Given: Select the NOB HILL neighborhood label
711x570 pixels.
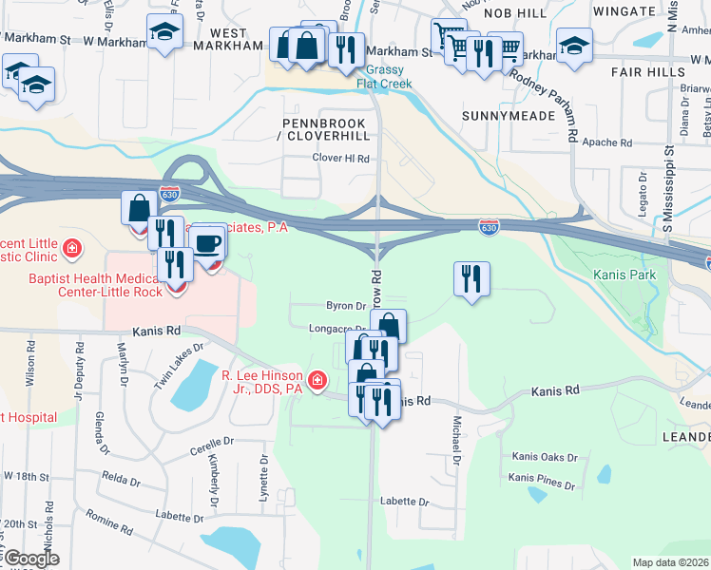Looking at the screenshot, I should (x=515, y=12).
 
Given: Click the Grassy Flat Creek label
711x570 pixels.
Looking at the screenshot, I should (x=380, y=76).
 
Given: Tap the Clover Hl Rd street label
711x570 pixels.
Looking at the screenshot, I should (x=340, y=158).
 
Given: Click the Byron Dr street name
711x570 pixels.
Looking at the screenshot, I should (x=346, y=306).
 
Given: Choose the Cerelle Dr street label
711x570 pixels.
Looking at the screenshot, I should (x=211, y=442).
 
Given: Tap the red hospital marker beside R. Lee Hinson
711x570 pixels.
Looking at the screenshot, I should (x=316, y=383).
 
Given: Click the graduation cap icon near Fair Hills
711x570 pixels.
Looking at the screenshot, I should (x=574, y=45).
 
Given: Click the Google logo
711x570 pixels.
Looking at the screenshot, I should (x=30, y=559).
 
